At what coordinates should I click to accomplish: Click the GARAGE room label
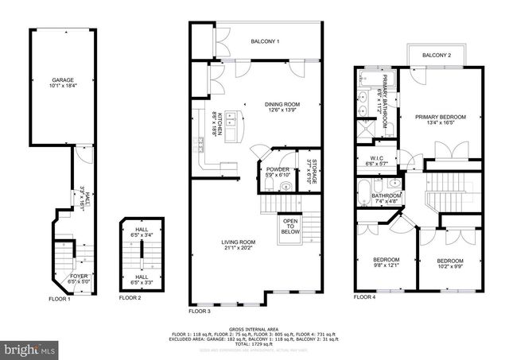coord(56,79)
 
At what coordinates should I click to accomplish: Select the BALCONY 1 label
coord(265,41)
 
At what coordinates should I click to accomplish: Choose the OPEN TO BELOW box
coord(290,226)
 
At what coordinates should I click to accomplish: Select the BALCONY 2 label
coord(436,55)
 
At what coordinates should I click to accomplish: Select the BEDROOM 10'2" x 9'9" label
coord(449,261)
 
